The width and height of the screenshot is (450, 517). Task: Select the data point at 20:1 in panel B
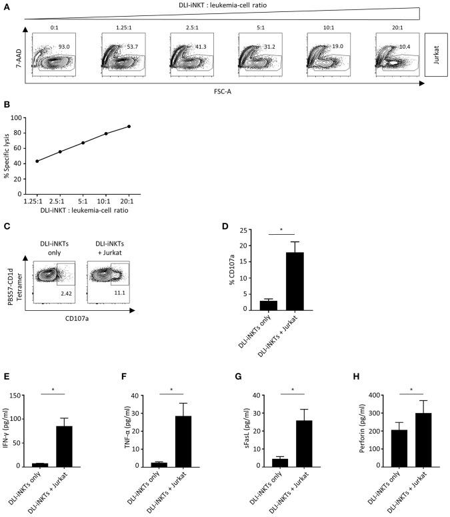(x=129, y=126)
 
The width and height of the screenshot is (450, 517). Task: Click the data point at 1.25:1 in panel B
(x=37, y=161)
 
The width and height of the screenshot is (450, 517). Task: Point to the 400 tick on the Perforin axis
(x=355, y=396)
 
